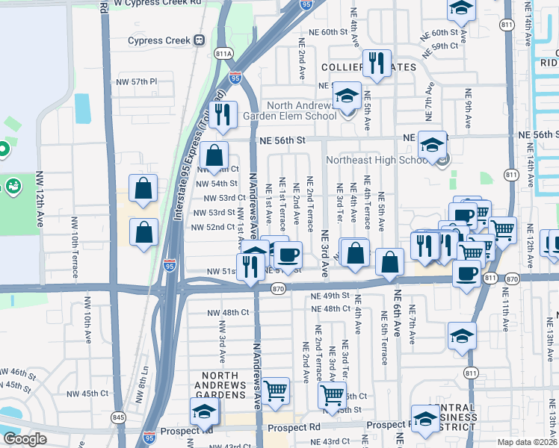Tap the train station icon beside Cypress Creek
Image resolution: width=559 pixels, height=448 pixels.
pyautogui.click(x=199, y=40)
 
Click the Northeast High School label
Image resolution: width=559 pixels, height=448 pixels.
pyautogui.click(x=376, y=160)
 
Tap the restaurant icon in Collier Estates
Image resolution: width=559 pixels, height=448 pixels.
pyautogui.click(x=377, y=65)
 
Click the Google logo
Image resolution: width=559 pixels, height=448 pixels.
pyautogui.click(x=25, y=439)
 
